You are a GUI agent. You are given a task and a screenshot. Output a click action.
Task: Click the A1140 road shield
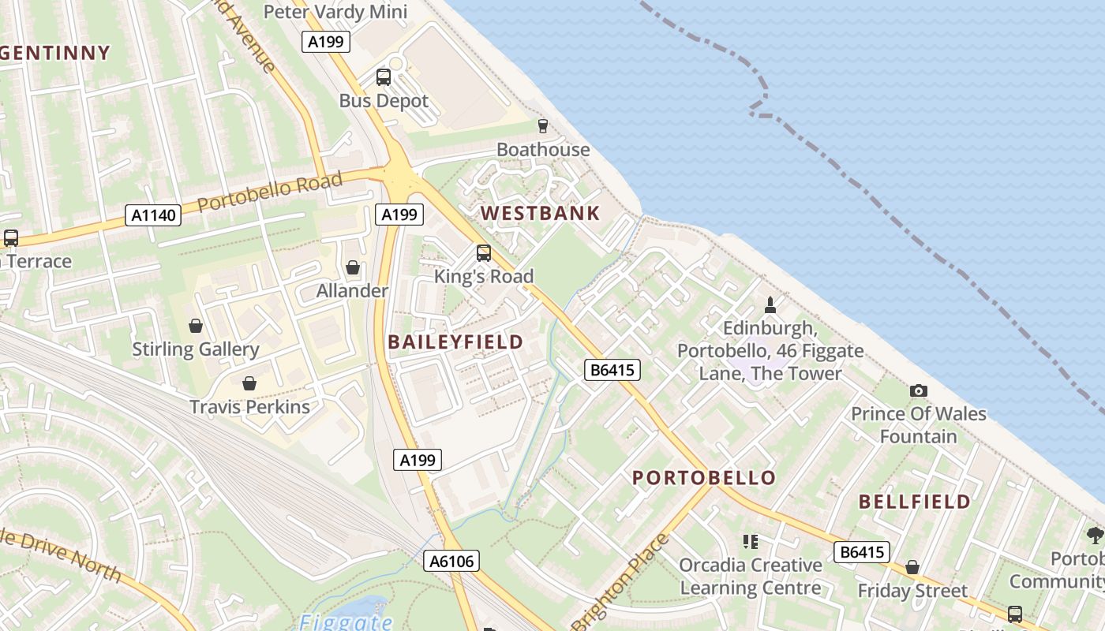click(x=153, y=215)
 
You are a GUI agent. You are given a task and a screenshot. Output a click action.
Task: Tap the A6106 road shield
click(x=452, y=561)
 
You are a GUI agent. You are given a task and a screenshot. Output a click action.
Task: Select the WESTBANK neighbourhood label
click(x=541, y=213)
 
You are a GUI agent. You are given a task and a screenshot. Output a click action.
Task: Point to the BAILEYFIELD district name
click(x=455, y=342)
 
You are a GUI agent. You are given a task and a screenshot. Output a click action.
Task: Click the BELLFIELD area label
click(x=915, y=502)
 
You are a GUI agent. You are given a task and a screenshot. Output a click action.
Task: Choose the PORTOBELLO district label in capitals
click(x=704, y=478)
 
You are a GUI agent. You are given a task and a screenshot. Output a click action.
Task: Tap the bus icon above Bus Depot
click(x=384, y=77)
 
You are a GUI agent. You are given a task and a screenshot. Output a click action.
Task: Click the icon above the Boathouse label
click(x=542, y=125)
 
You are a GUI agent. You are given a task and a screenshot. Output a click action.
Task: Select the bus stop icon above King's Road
click(x=484, y=253)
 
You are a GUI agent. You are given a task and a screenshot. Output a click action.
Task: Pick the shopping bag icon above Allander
click(x=353, y=267)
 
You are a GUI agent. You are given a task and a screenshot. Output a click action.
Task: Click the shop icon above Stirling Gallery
click(x=195, y=326)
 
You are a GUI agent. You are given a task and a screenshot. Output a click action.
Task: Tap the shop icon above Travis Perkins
click(x=249, y=383)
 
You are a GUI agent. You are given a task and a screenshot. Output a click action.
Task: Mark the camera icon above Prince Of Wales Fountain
click(x=918, y=390)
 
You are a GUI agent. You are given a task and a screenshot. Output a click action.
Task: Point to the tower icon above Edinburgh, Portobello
click(x=770, y=304)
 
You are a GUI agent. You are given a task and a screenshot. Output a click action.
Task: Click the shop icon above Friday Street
click(x=912, y=567)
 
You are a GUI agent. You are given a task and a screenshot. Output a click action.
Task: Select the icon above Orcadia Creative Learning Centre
click(x=750, y=542)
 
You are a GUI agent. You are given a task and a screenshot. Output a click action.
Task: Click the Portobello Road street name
click(x=270, y=192)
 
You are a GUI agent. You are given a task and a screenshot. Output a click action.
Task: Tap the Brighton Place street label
click(x=620, y=582)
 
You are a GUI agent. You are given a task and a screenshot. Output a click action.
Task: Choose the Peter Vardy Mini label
click(x=335, y=12)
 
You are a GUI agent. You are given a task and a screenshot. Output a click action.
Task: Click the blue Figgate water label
click(x=346, y=622)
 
